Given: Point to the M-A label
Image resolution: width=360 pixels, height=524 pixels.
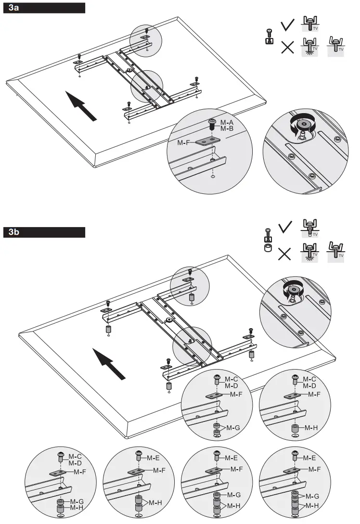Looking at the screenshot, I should (x=227, y=122).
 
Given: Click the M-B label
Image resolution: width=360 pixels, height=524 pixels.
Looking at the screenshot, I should (x=227, y=128).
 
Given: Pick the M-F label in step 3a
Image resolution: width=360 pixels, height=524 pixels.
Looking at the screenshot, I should (x=184, y=142).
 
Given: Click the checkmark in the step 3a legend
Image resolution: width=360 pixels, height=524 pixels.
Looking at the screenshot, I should (x=288, y=25).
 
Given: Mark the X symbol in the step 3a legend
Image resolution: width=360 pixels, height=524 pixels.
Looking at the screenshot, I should (x=288, y=48).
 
